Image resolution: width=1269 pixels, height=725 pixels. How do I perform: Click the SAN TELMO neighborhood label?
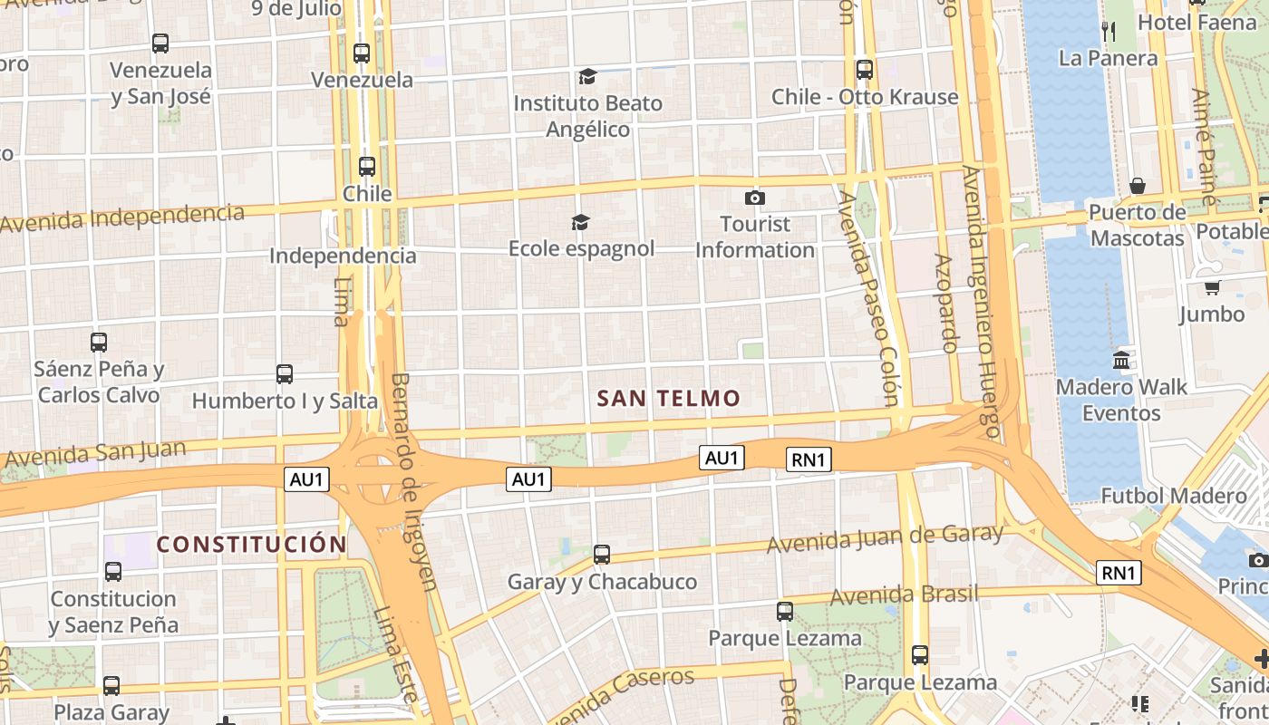669,398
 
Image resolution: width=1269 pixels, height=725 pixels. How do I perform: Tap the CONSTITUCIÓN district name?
251,545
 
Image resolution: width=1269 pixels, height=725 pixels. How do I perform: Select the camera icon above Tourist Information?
754,198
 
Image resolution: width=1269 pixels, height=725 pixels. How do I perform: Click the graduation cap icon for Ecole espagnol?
580,222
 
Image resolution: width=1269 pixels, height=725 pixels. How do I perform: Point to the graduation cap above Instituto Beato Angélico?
587,76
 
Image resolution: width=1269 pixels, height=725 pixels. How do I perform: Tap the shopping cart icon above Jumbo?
1212,287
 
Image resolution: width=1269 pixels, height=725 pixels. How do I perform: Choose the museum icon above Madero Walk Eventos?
1121,360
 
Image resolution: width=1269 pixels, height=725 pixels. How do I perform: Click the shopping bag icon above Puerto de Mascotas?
1138,186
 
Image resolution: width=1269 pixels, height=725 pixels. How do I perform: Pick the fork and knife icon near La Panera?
1108,31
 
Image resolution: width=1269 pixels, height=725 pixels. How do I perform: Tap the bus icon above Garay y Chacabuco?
601,555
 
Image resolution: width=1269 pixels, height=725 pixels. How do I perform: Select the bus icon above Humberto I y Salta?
285,373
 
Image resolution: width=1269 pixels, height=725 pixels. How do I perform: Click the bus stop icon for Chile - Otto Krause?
864,69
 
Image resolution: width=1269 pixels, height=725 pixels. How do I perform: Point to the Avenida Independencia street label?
122,217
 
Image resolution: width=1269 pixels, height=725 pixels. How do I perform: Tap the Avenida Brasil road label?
904,595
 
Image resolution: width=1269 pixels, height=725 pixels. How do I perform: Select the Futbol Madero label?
1173,496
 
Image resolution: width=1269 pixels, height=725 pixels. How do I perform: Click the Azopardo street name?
945,303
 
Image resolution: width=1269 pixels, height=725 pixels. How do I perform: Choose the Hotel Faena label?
1196,22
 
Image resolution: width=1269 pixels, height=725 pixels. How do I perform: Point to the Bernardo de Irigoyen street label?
412,480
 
